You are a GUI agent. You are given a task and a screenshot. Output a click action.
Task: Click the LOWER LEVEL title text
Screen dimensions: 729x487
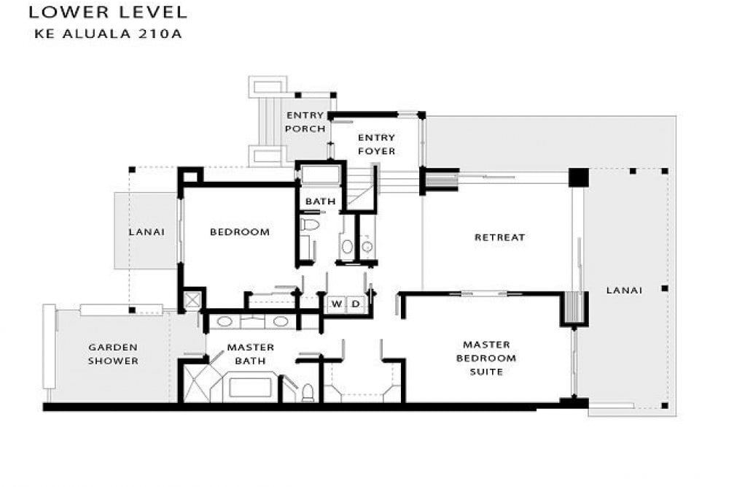coord(108,12)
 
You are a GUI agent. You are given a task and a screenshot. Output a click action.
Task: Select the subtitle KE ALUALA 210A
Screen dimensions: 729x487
coord(108,34)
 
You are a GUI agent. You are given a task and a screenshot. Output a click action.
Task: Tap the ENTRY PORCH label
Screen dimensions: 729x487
coord(305,122)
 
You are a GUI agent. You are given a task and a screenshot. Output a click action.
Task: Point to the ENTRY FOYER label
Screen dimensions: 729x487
coord(377,145)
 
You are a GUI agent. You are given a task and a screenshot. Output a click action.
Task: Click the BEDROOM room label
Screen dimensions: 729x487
coord(240,232)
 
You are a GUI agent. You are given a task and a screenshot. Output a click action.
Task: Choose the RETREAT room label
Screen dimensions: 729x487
coord(500,237)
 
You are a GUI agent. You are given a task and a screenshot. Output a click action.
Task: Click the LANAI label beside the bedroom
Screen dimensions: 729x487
coord(147,231)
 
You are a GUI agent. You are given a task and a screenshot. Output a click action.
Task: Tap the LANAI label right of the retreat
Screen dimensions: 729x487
coord(625,290)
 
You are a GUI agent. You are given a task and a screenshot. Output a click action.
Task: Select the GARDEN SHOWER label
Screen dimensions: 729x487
coord(114,354)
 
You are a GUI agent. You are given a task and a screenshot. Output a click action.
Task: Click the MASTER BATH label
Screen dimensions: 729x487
coord(251,354)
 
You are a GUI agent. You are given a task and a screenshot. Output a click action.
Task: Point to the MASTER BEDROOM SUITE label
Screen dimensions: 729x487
coord(486,358)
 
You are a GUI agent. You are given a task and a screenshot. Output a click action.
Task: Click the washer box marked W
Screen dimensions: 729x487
coord(337,304)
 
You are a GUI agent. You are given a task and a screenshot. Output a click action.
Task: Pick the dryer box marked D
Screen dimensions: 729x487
coord(356,304)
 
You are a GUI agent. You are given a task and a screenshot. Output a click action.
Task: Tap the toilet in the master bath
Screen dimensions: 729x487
coord(308,393)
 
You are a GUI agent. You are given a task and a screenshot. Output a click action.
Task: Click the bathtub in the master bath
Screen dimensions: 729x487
coord(250,388)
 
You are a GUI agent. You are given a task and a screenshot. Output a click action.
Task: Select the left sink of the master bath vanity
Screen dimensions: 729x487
coord(225,321)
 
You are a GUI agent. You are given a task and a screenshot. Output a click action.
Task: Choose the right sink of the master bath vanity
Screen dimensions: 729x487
coord(281,321)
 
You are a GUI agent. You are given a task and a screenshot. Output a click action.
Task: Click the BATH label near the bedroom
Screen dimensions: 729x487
coord(320,202)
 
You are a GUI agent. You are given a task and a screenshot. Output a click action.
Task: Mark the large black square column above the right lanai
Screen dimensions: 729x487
coord(579,177)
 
